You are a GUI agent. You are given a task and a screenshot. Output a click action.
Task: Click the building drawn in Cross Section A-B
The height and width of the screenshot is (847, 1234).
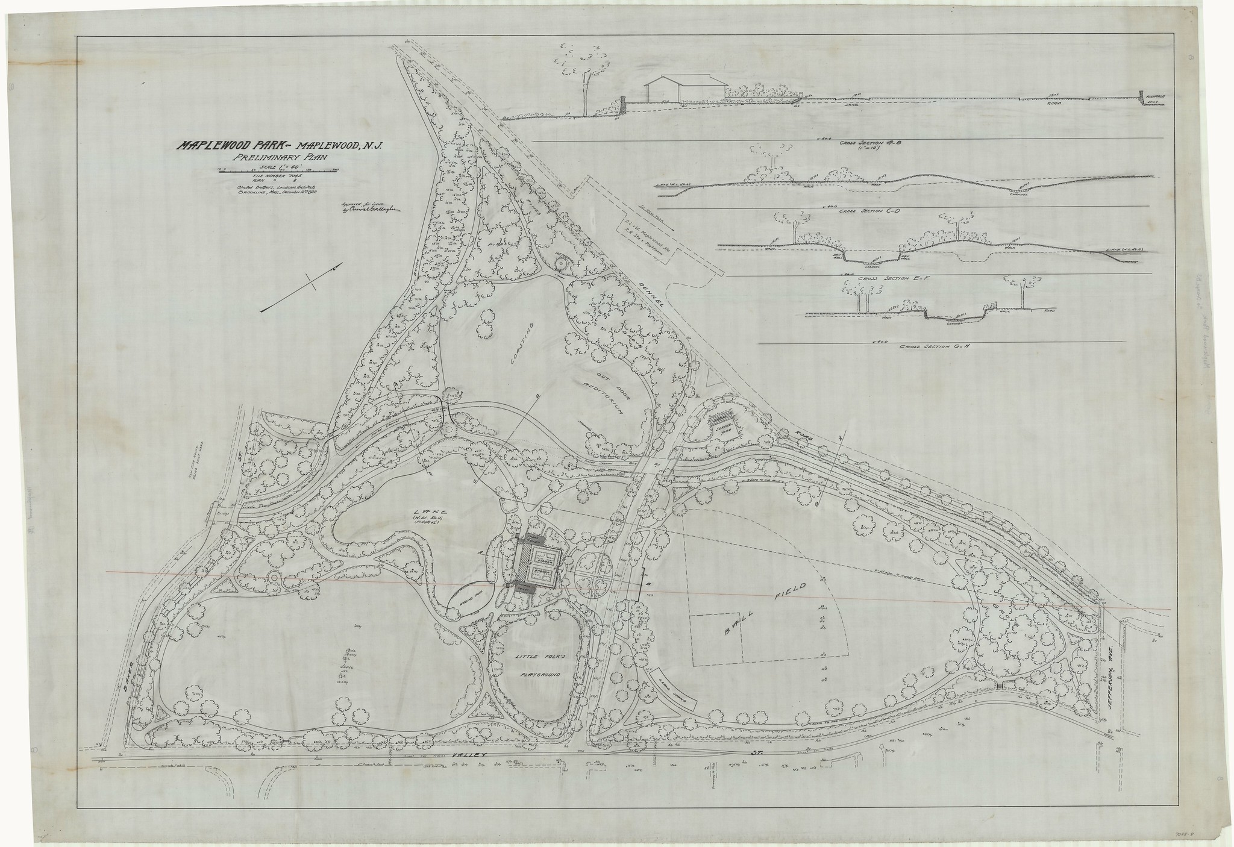(x=684, y=89)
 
